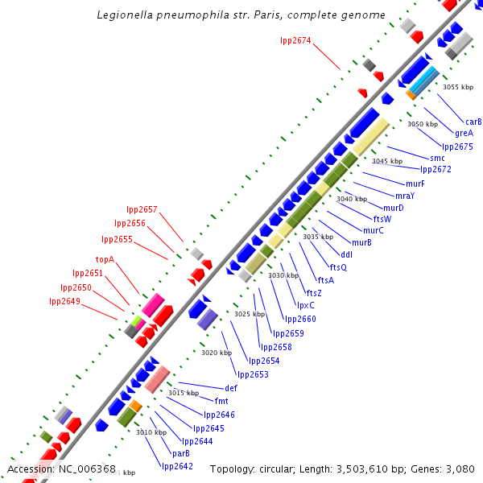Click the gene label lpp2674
click(x=295, y=40)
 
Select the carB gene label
click(x=473, y=122)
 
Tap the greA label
click(x=464, y=134)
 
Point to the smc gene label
click(x=437, y=158)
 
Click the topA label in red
click(x=105, y=260)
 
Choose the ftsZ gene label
click(x=314, y=293)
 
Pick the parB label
click(x=180, y=453)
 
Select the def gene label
click(x=231, y=388)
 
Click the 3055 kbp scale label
click(x=458, y=87)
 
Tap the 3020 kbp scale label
click(x=216, y=353)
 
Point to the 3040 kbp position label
click(x=352, y=199)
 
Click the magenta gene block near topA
click(x=153, y=304)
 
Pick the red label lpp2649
click(x=65, y=301)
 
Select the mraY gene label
click(x=405, y=196)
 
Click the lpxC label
click(x=306, y=305)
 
